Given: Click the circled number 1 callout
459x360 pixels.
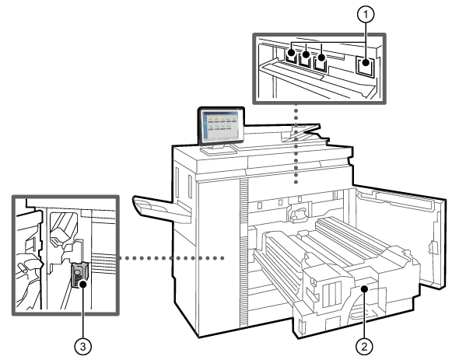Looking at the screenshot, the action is pyautogui.click(x=366, y=14).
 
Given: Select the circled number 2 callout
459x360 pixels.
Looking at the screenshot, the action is pyautogui.click(x=364, y=347).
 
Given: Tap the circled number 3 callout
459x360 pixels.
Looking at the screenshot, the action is pyautogui.click(x=83, y=347).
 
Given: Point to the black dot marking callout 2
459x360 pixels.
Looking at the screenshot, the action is pyautogui.click(x=364, y=289).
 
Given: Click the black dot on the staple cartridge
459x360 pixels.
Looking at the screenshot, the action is pyautogui.click(x=83, y=284).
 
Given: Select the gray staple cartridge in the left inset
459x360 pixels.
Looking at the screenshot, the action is pyautogui.click(x=79, y=274).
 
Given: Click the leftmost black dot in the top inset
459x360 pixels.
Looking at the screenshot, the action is pyautogui.click(x=291, y=53).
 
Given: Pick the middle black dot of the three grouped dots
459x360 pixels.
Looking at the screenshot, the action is pyautogui.click(x=306, y=54).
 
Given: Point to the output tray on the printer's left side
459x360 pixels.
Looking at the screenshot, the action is pyautogui.click(x=162, y=209).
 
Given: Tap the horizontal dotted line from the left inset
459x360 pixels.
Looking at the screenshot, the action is pyautogui.click(x=171, y=258).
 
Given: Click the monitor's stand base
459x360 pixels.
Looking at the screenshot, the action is pyautogui.click(x=218, y=150).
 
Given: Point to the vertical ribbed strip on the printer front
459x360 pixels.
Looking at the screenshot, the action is pyautogui.click(x=244, y=253).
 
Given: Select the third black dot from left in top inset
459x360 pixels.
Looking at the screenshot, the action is pyautogui.click(x=321, y=57).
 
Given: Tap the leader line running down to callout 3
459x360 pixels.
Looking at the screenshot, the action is pyautogui.click(x=83, y=313).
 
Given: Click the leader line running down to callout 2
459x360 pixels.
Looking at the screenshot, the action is pyautogui.click(x=364, y=316).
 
